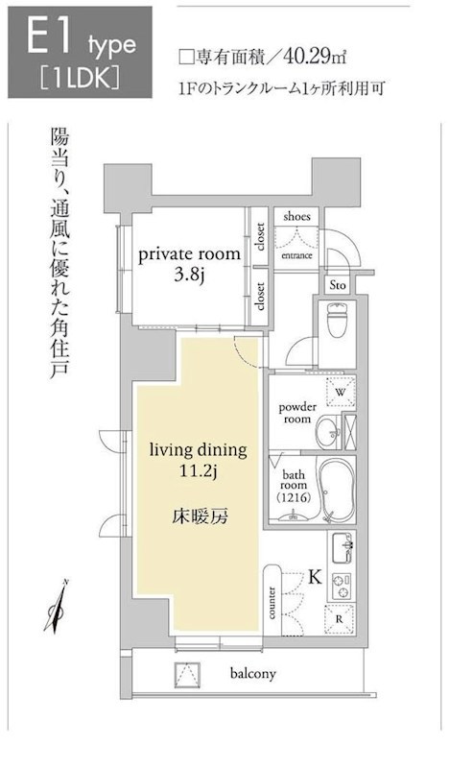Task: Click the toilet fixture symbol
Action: tap(337, 320)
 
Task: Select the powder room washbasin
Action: tap(328, 432)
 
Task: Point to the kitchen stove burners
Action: tap(343, 586)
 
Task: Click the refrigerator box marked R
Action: tap(340, 618)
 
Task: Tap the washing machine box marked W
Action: tap(341, 392)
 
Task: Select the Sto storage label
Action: tap(338, 285)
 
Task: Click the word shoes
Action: tap(296, 216)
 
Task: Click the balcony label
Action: tap(253, 674)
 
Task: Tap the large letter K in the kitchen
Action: tap(315, 578)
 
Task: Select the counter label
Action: tap(272, 603)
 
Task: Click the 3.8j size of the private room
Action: tap(189, 275)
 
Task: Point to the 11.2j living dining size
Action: tap(198, 471)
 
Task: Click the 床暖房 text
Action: tap(200, 516)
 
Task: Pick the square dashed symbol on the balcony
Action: tap(188, 674)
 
